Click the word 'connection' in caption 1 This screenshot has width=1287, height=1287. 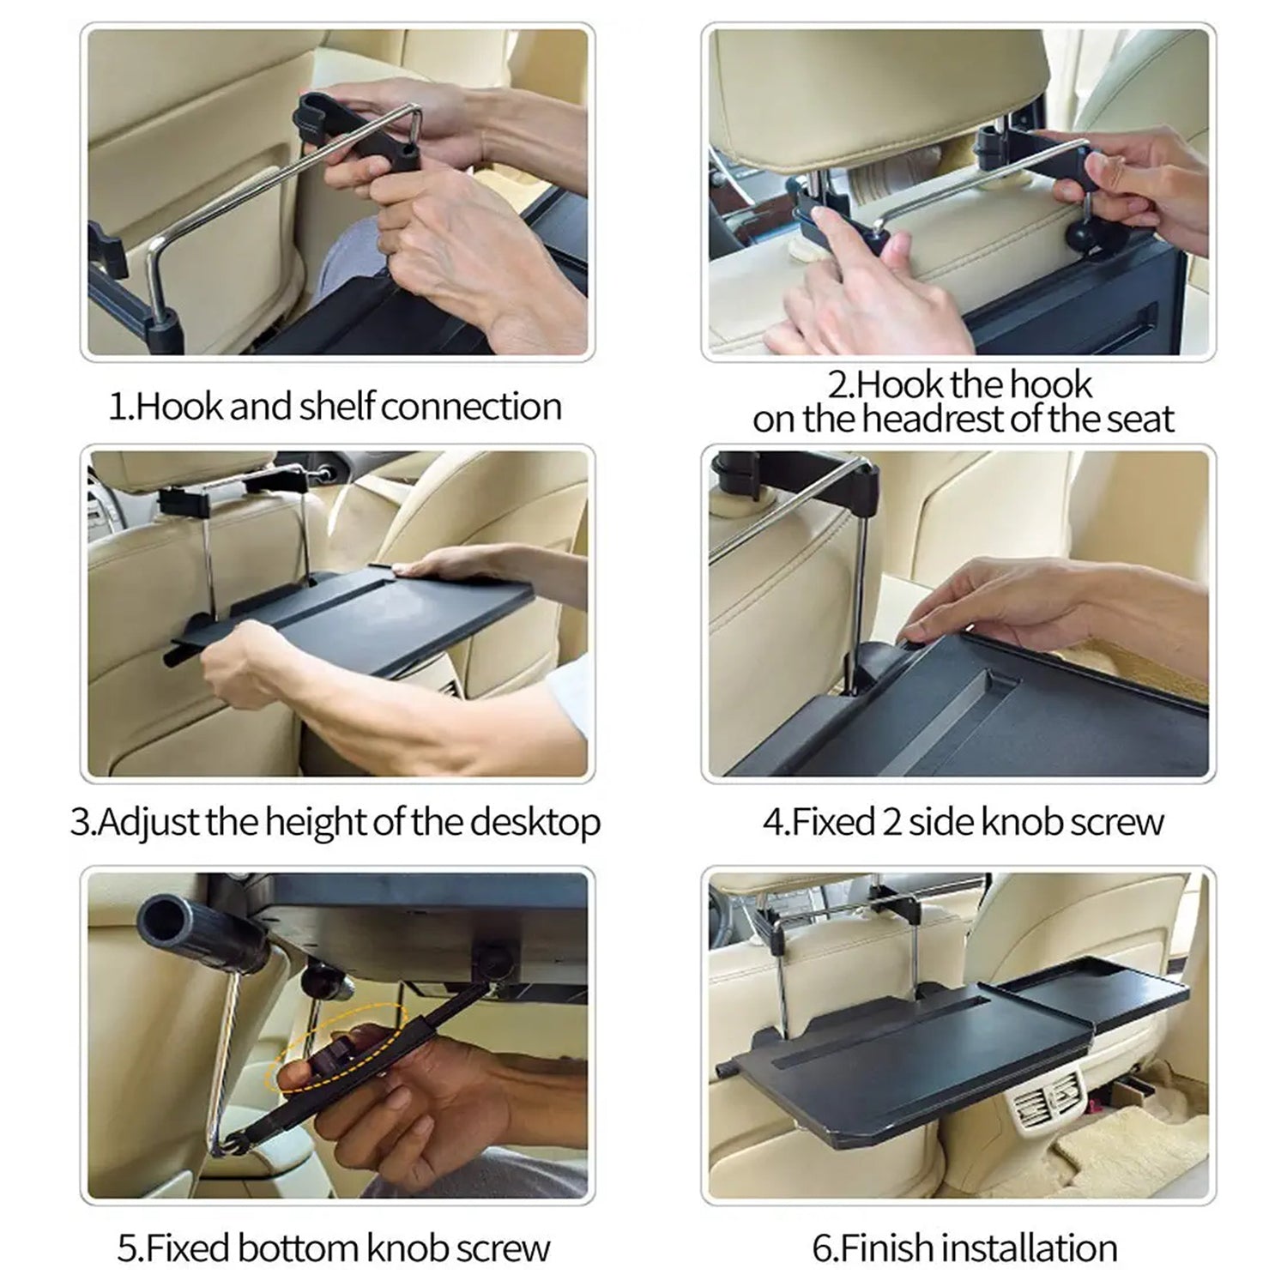pyautogui.click(x=471, y=406)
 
